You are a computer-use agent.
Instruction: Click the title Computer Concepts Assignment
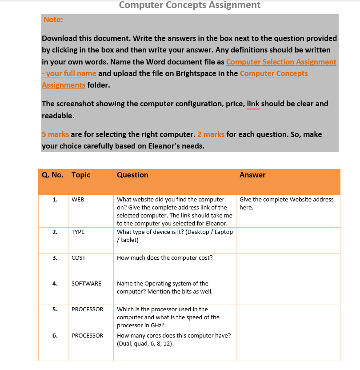[x=190, y=5]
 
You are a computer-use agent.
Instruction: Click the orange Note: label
[x=53, y=20]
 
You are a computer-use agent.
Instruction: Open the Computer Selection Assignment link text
[x=281, y=62]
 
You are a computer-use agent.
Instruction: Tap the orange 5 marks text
[x=55, y=134]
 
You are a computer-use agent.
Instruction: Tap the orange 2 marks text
[x=211, y=134]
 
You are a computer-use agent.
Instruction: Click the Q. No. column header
[x=52, y=175]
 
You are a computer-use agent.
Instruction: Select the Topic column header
[x=81, y=175]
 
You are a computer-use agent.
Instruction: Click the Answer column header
[x=252, y=175]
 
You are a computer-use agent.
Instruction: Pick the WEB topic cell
[x=78, y=200]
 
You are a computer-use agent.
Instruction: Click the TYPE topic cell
[x=78, y=232]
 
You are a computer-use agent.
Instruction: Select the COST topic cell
[x=79, y=258]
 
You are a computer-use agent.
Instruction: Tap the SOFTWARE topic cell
[x=86, y=284]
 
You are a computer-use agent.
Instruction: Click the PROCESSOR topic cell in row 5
[x=87, y=310]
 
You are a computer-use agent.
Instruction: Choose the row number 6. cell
[x=55, y=336]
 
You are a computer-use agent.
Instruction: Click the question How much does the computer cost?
[x=164, y=258]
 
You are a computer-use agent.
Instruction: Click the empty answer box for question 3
[x=288, y=266]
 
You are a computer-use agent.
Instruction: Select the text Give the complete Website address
[x=286, y=200]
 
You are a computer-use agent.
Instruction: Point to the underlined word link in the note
[x=253, y=104]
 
